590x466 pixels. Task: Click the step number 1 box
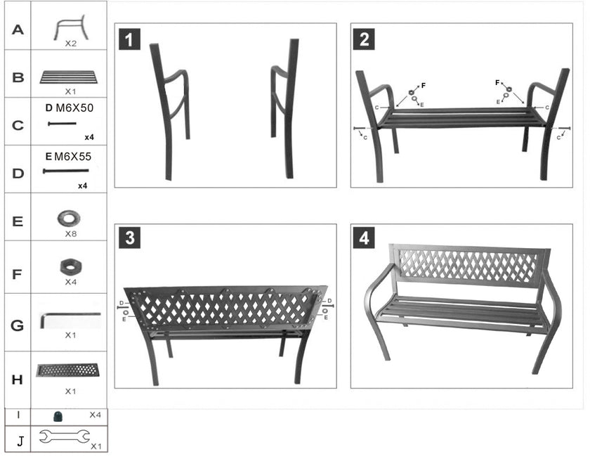point(129,39)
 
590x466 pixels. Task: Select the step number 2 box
point(362,39)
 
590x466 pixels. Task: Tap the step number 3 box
point(129,238)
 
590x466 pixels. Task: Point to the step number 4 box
point(362,238)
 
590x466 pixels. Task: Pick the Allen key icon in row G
point(69,320)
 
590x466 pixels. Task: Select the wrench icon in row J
point(63,438)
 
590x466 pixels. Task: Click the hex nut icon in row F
point(69,266)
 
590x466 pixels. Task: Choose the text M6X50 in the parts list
point(74,108)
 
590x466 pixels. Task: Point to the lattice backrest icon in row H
point(69,370)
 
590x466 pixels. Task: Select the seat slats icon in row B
point(69,77)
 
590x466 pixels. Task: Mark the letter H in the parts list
point(18,380)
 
